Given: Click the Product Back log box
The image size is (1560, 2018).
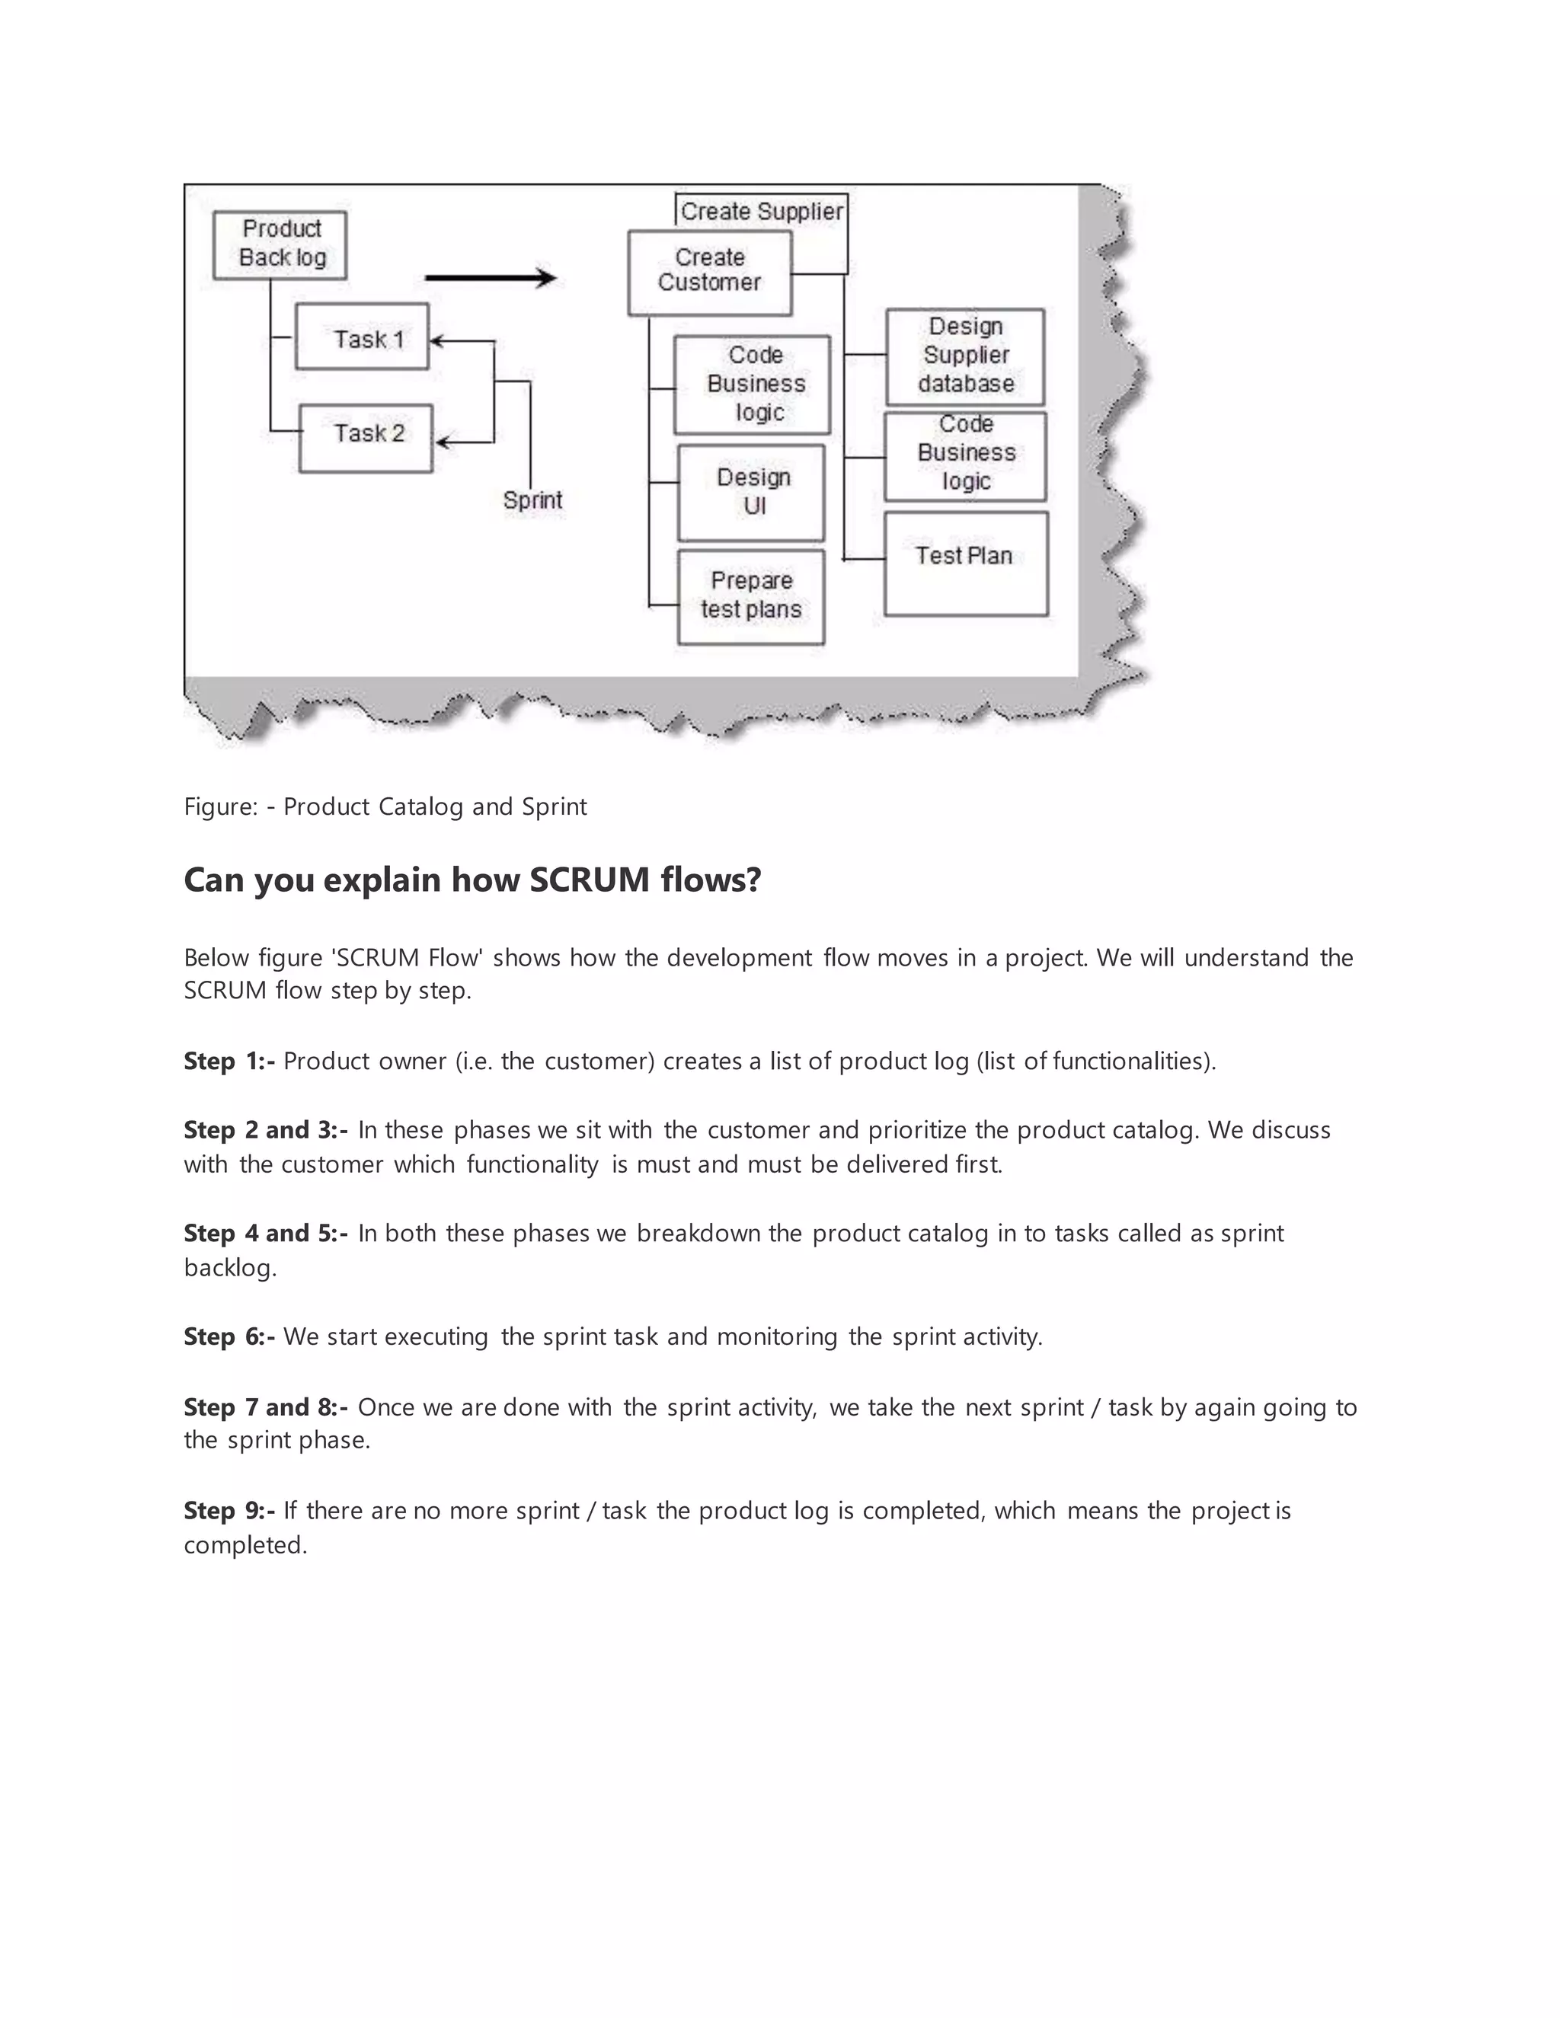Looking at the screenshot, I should (x=280, y=245).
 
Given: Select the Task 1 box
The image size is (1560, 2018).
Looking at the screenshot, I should (x=363, y=337).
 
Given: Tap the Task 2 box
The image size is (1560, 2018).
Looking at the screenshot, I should (x=366, y=439).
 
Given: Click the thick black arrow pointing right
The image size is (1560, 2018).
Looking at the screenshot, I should (x=490, y=277).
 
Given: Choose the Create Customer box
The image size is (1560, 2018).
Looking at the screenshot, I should (x=710, y=272).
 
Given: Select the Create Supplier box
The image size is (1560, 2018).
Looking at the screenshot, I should (x=762, y=211).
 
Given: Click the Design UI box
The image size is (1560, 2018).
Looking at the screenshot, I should (x=751, y=493).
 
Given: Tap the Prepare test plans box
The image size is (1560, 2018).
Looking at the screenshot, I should (x=751, y=596).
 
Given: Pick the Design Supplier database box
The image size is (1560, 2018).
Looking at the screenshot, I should (x=966, y=356).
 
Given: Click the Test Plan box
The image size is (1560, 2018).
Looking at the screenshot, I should (x=966, y=563).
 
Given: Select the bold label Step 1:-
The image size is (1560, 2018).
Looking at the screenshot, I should (x=229, y=1061).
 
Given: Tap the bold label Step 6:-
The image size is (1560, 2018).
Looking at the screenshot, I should (x=229, y=1337).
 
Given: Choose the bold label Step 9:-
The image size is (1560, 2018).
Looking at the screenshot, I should (x=229, y=1511).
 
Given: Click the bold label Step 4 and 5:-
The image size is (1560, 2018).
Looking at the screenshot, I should (x=265, y=1234).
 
